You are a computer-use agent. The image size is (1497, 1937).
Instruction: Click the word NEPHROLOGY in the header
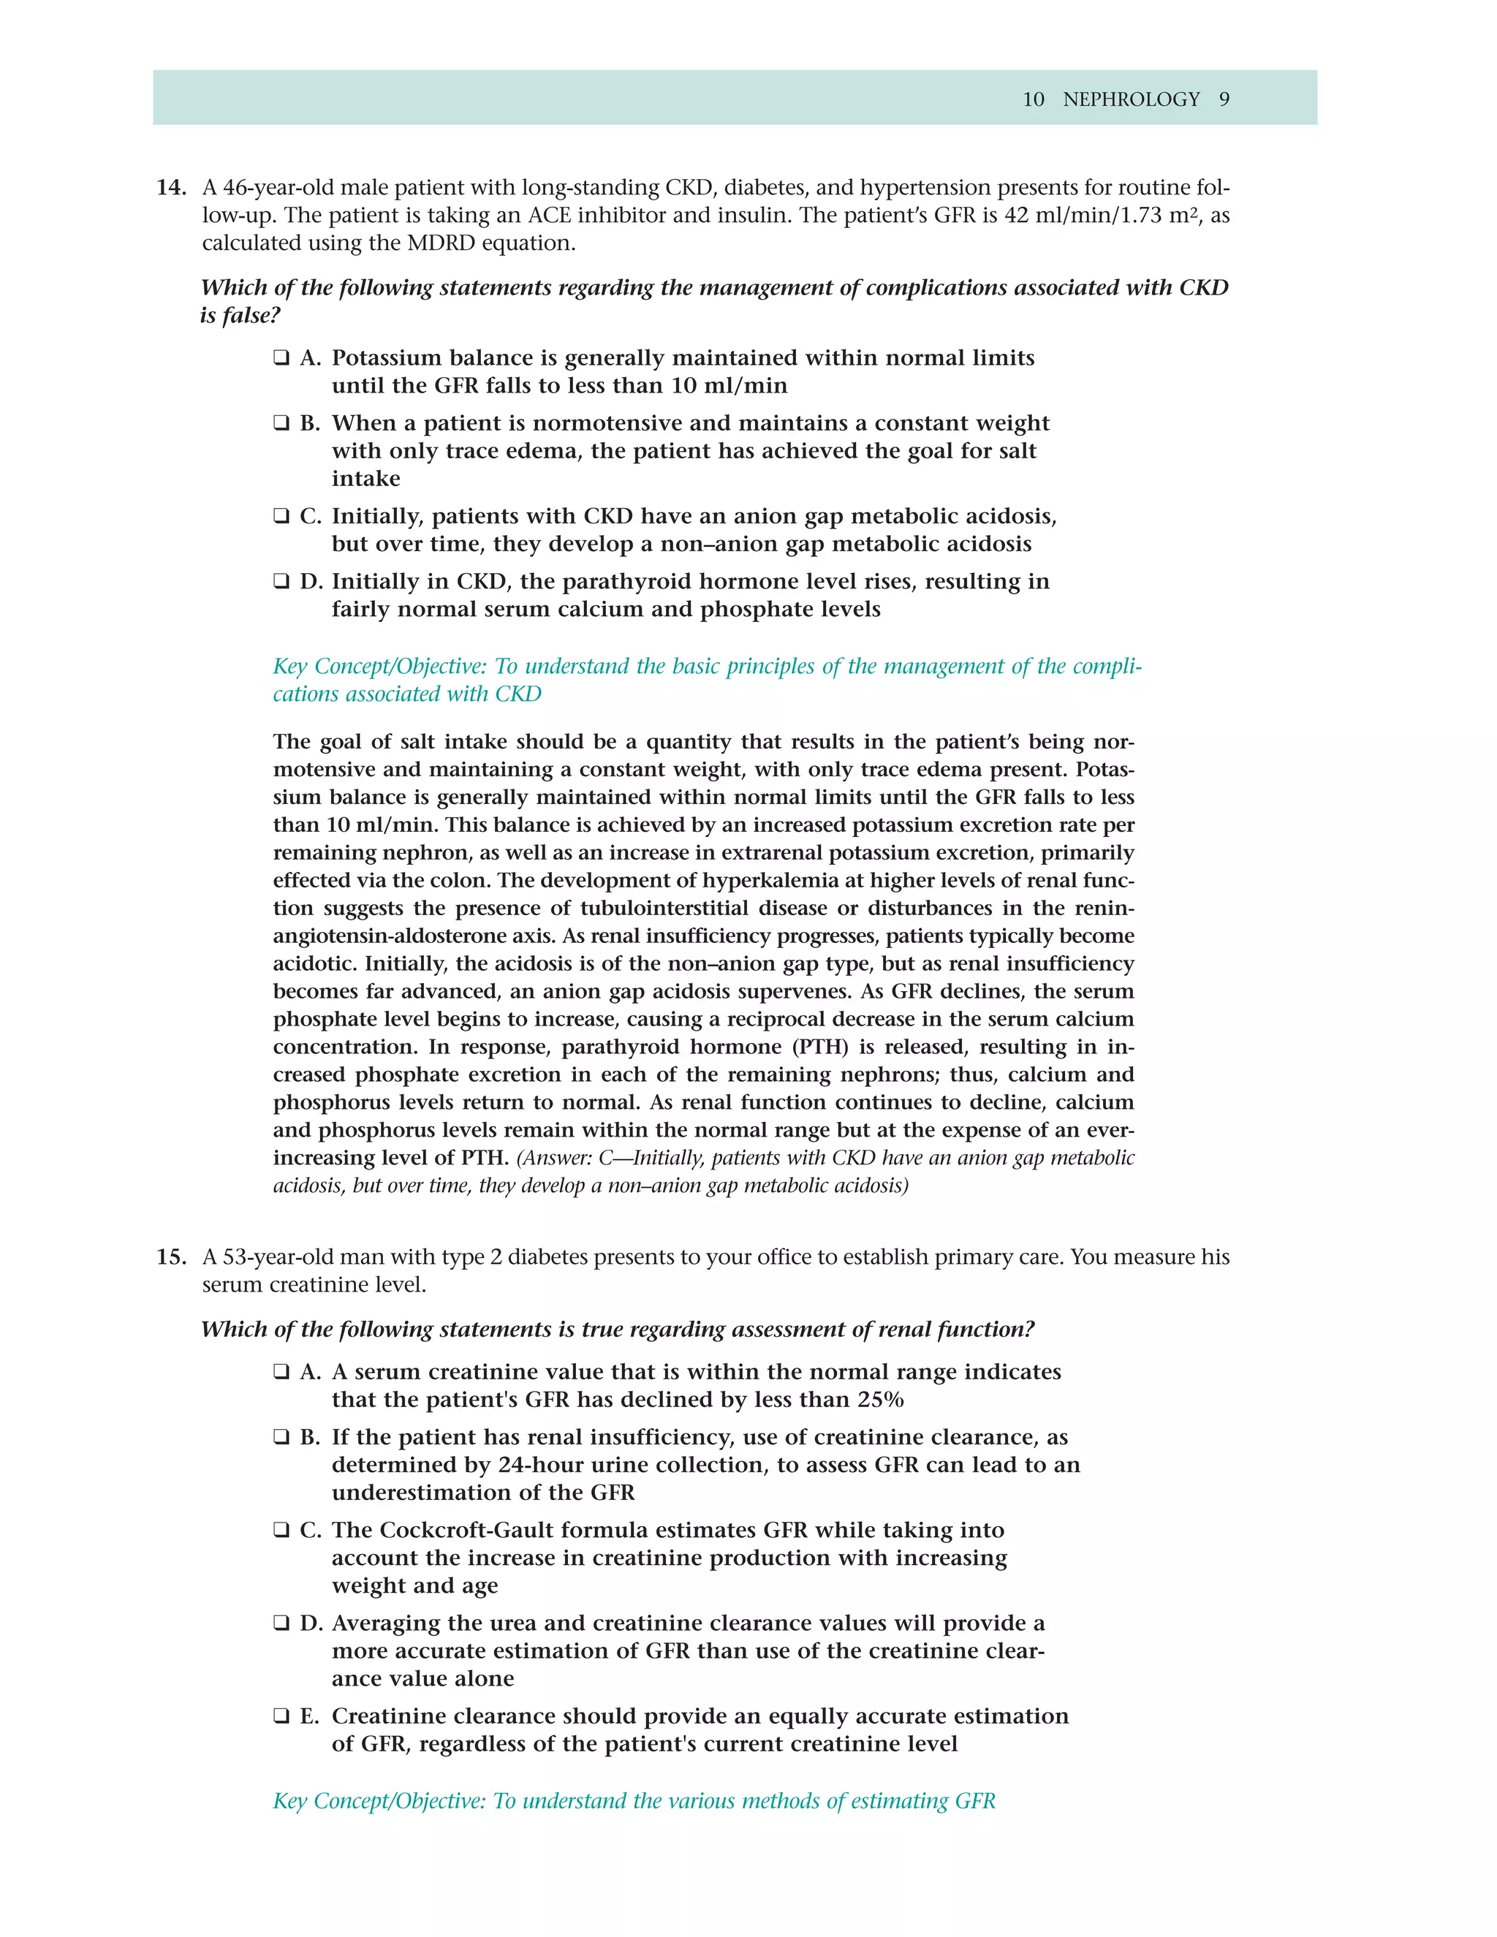[x=1131, y=99]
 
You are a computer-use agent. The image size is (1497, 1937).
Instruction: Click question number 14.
[x=171, y=188]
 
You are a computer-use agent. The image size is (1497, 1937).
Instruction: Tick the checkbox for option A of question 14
[x=281, y=358]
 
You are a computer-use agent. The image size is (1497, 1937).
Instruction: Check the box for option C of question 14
[x=281, y=516]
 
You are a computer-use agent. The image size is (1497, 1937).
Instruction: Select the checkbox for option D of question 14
[x=281, y=582]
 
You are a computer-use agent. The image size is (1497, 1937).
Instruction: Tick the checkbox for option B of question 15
[x=281, y=1438]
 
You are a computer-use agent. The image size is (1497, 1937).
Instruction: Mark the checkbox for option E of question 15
[x=281, y=1716]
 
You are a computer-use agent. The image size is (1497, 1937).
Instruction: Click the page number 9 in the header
[x=1224, y=99]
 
